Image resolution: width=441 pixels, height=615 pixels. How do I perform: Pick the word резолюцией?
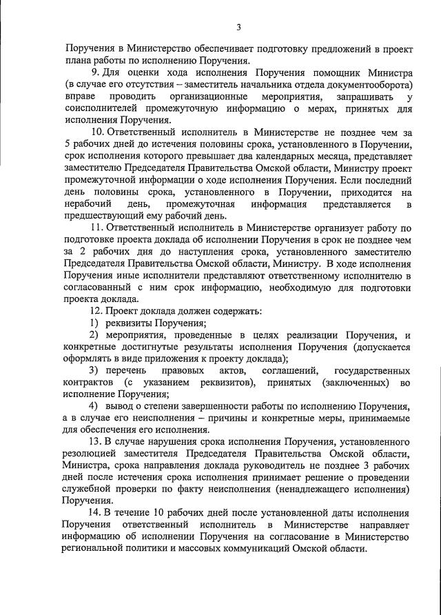(x=93, y=452)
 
